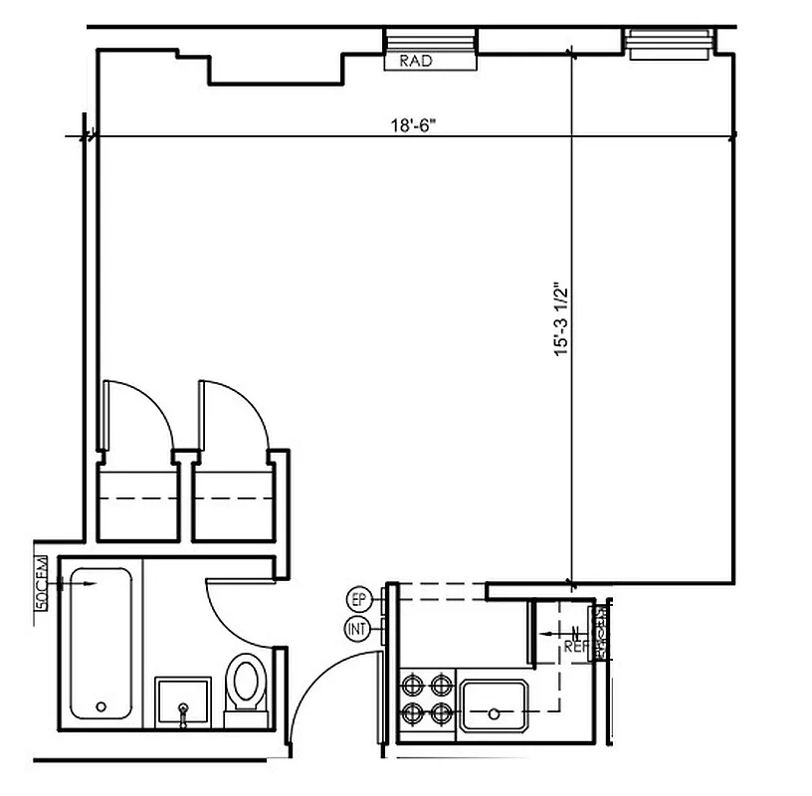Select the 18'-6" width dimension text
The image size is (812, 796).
pos(410,126)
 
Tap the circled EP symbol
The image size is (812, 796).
pos(358,600)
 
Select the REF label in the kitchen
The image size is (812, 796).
pos(575,646)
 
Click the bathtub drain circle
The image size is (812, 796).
pos(101,707)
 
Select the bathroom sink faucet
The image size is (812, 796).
pos(183,708)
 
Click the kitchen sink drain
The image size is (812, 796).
pos(494,713)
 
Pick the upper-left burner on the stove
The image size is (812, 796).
pos(411,685)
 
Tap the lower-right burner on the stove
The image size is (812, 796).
pos(439,712)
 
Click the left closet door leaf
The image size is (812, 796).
pos(102,416)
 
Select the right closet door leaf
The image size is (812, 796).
pos(201,416)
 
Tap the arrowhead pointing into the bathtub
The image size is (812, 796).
pos(92,585)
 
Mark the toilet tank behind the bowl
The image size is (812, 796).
pos(244,717)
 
